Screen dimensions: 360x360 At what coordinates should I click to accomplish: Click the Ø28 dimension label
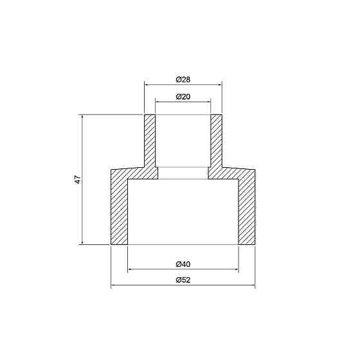click(183, 80)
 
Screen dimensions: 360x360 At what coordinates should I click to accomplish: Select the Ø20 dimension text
click(183, 96)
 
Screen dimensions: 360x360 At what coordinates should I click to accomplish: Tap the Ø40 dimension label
click(183, 264)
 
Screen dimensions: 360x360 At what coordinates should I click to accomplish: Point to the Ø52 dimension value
click(183, 280)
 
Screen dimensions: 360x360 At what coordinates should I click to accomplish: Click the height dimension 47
click(78, 180)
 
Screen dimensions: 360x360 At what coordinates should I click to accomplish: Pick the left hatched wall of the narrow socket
click(150, 141)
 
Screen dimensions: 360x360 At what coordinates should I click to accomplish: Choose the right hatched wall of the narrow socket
click(216, 141)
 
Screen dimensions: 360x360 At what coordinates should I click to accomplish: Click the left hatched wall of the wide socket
click(120, 209)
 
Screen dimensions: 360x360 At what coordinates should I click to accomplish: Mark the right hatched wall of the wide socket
click(247, 209)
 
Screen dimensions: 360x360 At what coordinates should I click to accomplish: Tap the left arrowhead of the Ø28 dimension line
click(146, 84)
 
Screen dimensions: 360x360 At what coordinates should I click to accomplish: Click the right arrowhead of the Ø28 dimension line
click(219, 84)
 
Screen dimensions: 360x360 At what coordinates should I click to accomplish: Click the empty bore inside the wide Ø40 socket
click(183, 212)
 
